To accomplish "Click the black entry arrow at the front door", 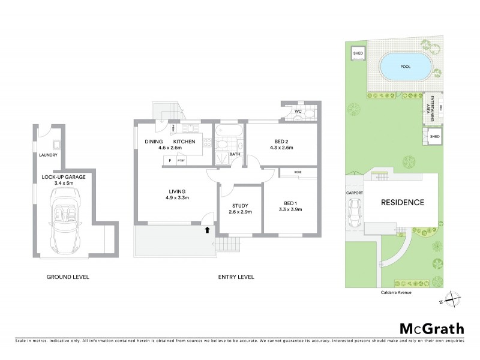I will tap(208, 229).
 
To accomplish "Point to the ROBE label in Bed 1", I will tap(298, 172).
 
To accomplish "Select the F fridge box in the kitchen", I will tap(170, 161).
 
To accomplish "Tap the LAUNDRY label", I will tap(47, 155).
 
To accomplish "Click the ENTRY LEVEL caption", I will tap(236, 277).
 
